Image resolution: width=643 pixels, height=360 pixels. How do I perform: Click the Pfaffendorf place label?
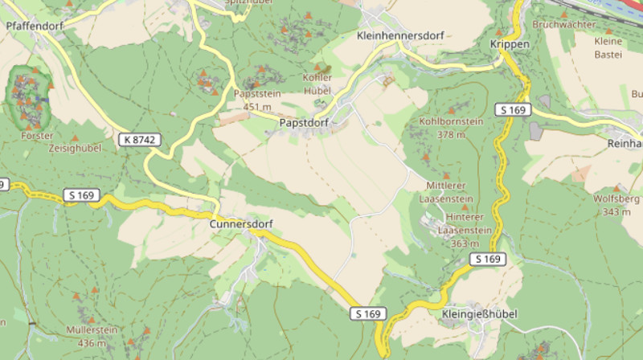(34, 26)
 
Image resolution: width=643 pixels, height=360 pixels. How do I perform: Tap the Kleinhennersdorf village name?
(399, 36)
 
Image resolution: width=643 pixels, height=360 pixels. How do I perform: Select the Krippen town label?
(510, 44)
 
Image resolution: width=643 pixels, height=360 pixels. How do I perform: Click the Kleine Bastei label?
(608, 47)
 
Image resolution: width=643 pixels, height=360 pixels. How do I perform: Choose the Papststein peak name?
(256, 94)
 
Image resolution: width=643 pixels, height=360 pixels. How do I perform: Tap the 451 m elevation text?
(257, 107)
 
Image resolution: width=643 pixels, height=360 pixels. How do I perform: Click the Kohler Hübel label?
(317, 84)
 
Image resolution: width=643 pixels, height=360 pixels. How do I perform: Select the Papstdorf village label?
(305, 123)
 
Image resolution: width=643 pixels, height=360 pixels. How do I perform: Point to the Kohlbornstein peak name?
(451, 121)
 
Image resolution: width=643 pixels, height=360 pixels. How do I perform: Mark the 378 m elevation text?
(451, 134)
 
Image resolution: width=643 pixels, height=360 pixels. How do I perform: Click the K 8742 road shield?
(140, 140)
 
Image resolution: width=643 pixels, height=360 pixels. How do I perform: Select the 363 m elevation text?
(465, 243)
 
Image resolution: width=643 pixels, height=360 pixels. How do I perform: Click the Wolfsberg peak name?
(616, 198)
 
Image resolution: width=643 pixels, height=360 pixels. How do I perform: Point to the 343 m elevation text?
(616, 211)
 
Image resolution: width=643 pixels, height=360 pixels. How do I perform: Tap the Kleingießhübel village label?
(480, 313)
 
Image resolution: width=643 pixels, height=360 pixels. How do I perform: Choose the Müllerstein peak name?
(93, 330)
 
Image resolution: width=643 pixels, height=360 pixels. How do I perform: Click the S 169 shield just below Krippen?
(512, 108)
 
